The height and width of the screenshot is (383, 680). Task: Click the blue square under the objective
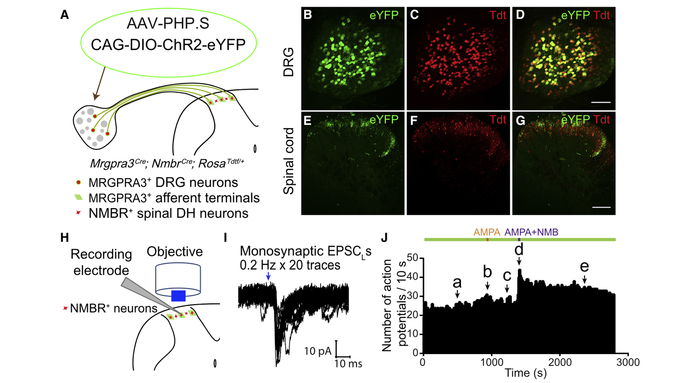point(178,296)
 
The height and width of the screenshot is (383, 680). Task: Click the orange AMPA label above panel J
point(488,232)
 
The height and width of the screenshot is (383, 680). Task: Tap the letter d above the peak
point(519,249)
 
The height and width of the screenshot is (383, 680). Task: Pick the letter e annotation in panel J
point(585,266)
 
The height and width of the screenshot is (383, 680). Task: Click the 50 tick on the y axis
point(414,258)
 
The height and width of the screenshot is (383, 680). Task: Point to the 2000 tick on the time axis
point(560,362)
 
